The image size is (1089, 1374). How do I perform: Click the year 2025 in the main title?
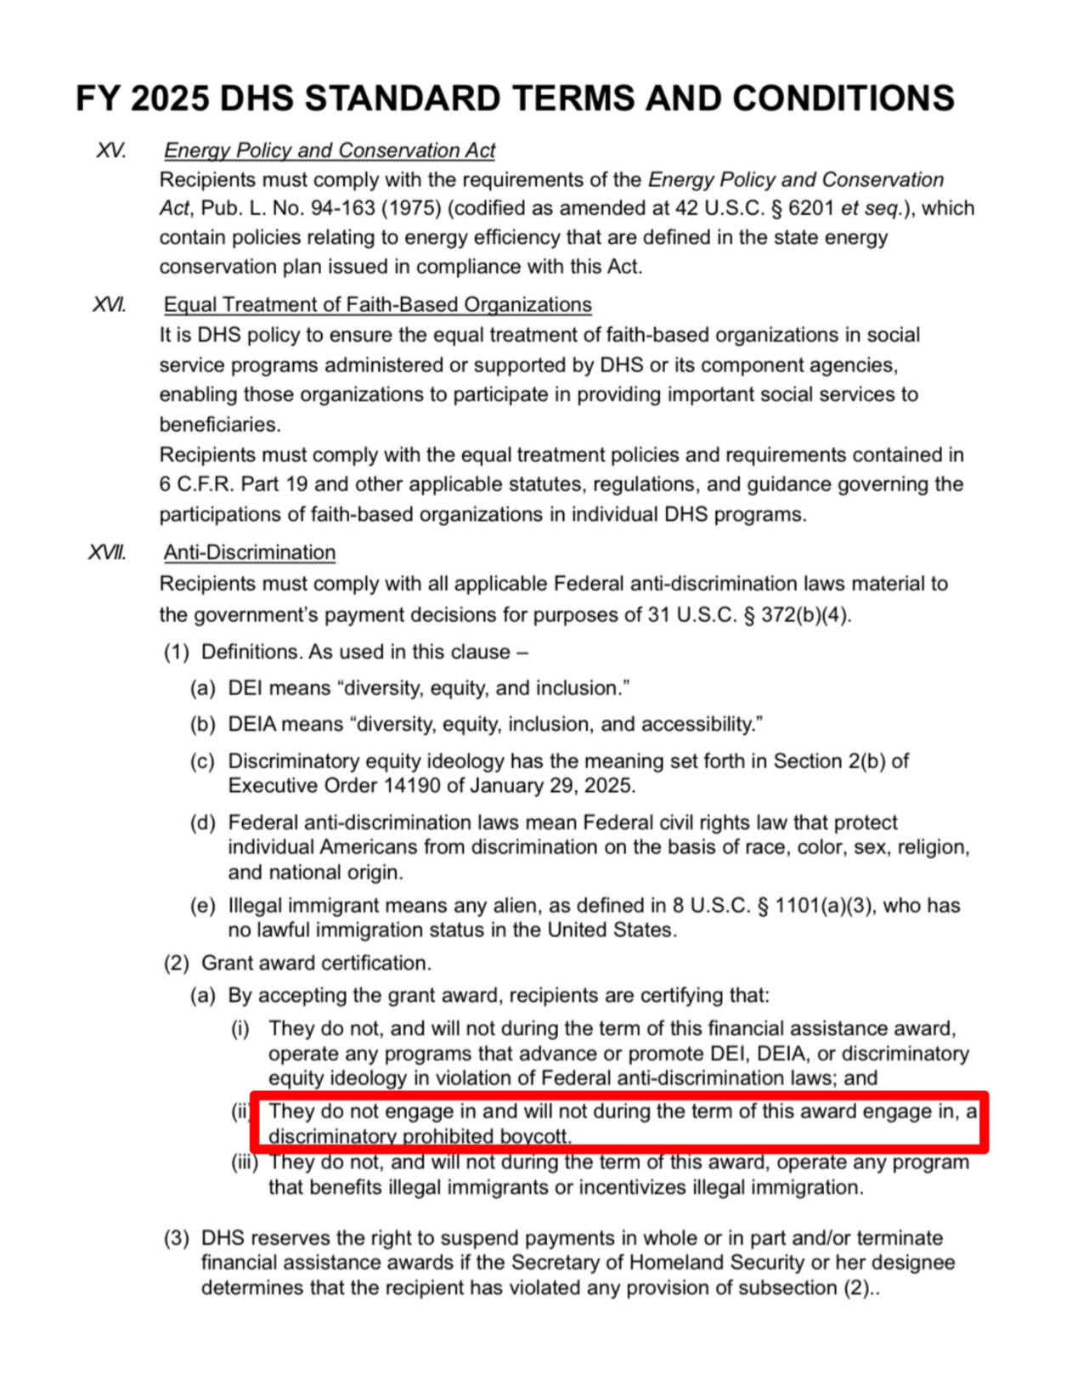point(170,99)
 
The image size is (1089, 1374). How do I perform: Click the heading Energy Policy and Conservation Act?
point(330,150)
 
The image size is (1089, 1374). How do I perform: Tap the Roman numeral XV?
point(111,150)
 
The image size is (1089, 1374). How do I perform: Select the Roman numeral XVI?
point(110,304)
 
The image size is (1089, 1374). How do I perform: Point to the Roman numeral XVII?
point(108,552)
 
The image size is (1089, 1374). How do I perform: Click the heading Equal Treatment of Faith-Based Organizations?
point(377,304)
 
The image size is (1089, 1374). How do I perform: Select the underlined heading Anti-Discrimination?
point(250,552)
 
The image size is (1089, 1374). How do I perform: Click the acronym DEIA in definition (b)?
point(251,725)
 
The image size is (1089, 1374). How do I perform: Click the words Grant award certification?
point(316,964)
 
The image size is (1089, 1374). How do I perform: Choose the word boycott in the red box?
point(535,1137)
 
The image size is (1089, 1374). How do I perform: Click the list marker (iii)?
point(245,1162)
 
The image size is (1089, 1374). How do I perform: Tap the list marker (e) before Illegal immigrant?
point(203,906)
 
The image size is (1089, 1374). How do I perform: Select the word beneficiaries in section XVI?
point(220,425)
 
